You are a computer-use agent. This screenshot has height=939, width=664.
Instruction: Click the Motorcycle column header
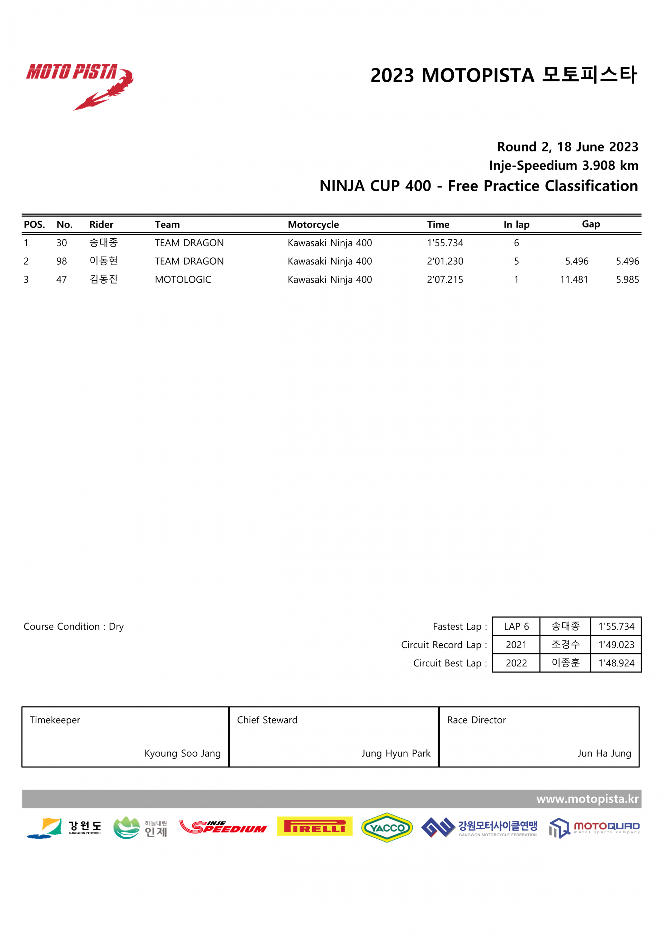coord(313,224)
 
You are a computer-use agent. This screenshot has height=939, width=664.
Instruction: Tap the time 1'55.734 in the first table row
coord(445,243)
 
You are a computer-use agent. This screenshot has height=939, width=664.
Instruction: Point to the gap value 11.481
coord(574,280)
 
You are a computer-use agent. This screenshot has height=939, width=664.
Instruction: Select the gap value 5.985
coord(627,280)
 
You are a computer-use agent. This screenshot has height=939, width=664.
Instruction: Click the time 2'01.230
coord(445,261)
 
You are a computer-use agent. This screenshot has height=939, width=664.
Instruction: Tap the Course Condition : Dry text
coord(74,627)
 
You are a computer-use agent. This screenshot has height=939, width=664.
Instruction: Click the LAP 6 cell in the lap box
coord(516,627)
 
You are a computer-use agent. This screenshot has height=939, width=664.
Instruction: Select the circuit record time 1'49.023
coord(616,645)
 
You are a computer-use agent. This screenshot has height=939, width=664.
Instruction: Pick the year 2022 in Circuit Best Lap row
coord(516,663)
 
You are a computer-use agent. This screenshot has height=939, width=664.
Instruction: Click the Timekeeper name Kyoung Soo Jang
coord(182,753)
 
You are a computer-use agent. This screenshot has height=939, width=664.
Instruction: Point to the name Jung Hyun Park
coord(396,753)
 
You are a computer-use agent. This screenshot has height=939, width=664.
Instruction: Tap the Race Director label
coord(476,720)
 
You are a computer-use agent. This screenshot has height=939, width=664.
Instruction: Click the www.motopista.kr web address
coord(587,799)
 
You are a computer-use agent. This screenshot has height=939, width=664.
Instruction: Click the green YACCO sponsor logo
coord(387,827)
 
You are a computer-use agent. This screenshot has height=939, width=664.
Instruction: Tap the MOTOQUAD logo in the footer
coord(594,828)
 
